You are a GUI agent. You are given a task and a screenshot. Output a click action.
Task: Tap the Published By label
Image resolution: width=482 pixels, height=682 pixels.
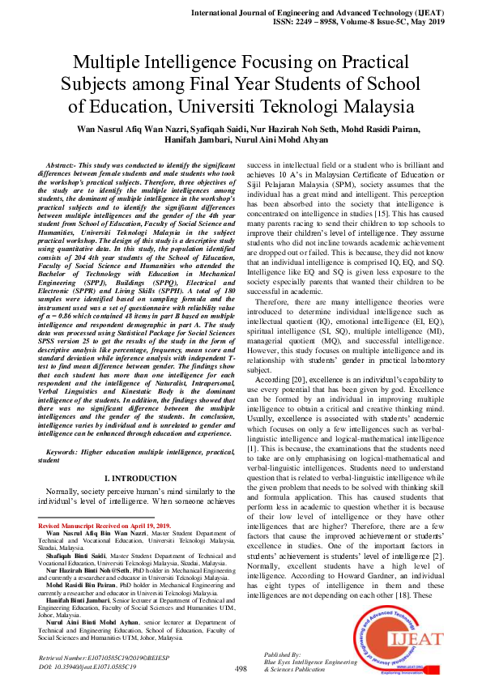282,654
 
